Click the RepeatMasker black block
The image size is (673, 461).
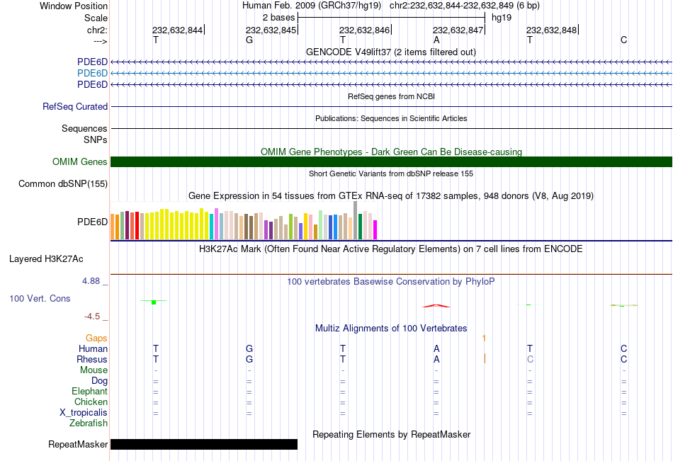pyautogui.click(x=204, y=444)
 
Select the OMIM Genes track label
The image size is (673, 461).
pyautogui.click(x=80, y=162)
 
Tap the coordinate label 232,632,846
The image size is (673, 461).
pyautogui.click(x=364, y=30)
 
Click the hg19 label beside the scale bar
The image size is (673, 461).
pyautogui.click(x=502, y=17)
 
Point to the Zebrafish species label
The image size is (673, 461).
pyautogui.click(x=89, y=423)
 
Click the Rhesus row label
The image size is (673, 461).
pyautogui.click(x=92, y=360)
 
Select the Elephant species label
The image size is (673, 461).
pyautogui.click(x=89, y=392)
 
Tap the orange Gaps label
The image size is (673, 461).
pyautogui.click(x=96, y=338)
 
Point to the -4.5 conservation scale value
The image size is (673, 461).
pyautogui.click(x=93, y=317)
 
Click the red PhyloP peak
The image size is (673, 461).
pyautogui.click(x=436, y=305)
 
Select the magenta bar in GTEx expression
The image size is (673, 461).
pyautogui.click(x=375, y=229)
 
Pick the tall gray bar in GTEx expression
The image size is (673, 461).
pyautogui.click(x=355, y=220)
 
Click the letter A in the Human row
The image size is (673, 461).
pyautogui.click(x=436, y=348)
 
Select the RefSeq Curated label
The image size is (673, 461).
pyautogui.click(x=75, y=107)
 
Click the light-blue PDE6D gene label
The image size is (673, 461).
pyautogui.click(x=92, y=73)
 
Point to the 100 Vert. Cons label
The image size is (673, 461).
pyautogui.click(x=40, y=299)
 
